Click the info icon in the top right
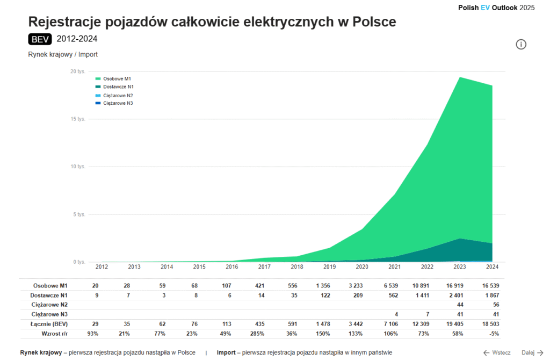(521, 44)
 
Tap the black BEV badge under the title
(40, 39)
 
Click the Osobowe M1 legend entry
(110, 78)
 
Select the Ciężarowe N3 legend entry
(114, 103)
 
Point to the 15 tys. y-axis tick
(78, 119)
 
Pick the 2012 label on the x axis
(102, 267)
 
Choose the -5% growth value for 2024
(494, 333)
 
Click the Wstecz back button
(497, 352)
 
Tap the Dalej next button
(532, 352)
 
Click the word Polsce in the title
(371, 22)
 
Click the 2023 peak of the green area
(459, 78)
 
